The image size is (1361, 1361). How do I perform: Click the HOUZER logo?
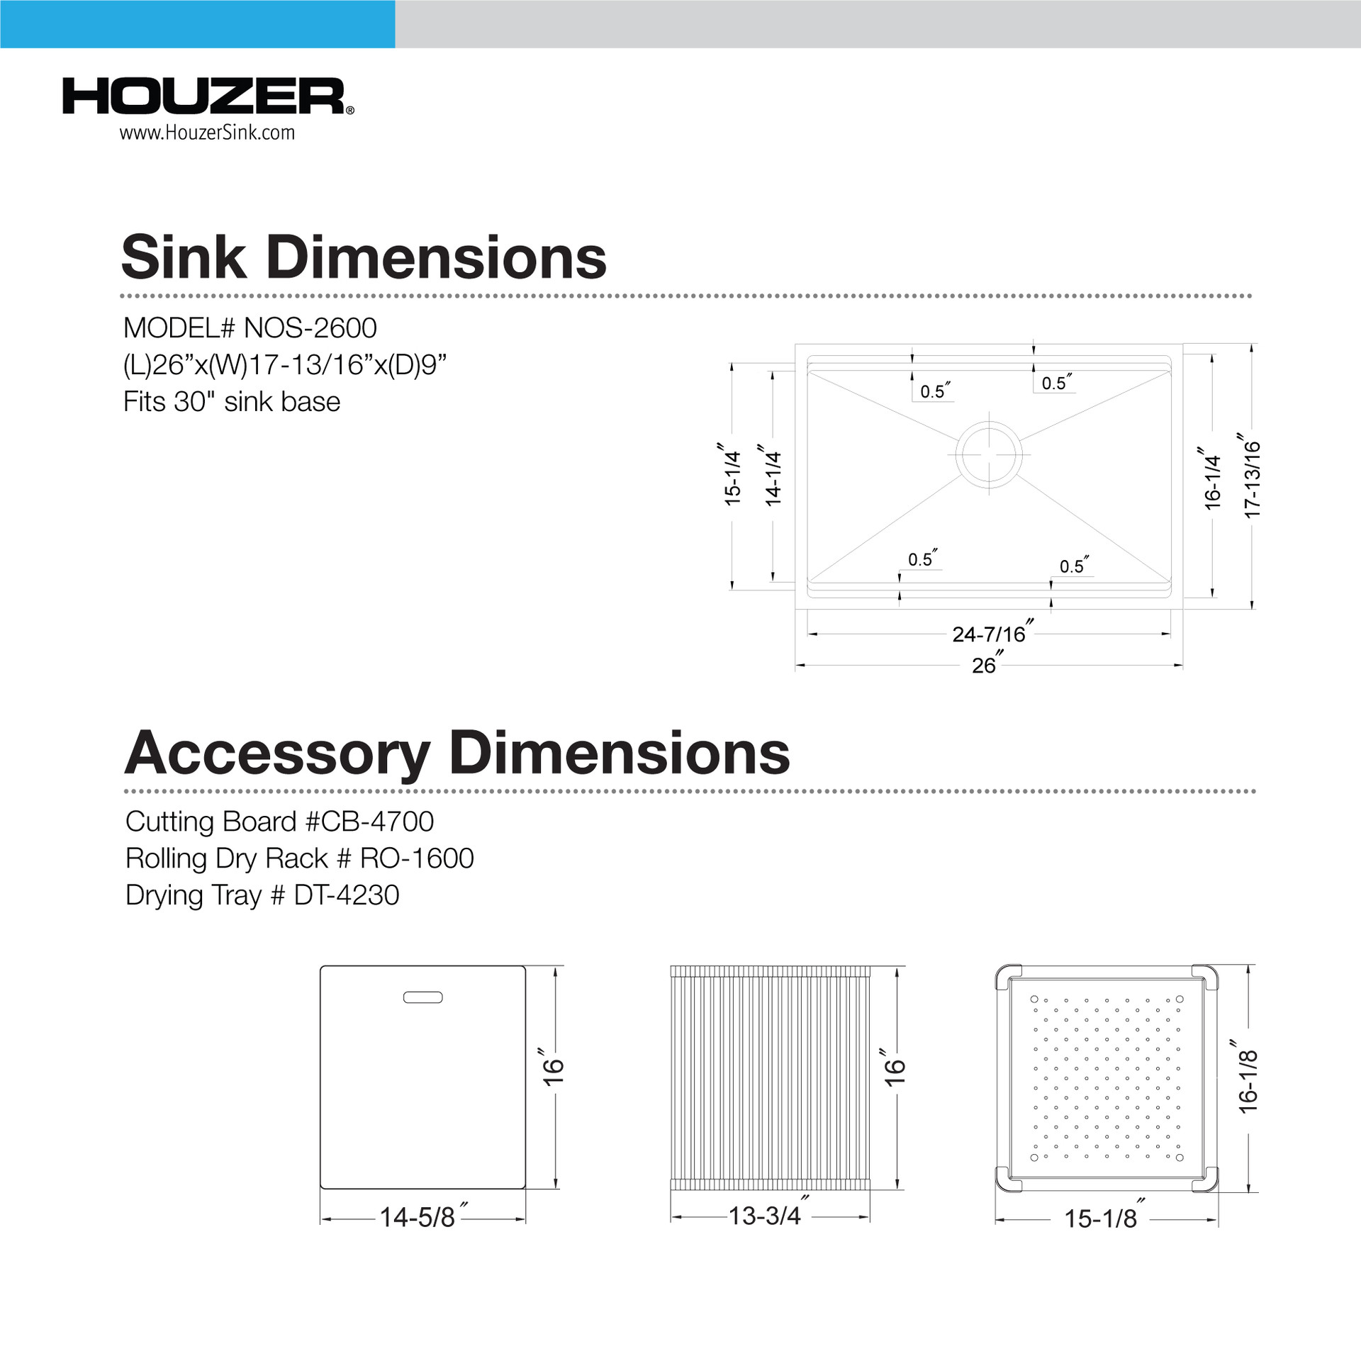coord(206,96)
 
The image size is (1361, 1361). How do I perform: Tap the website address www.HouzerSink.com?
coord(206,133)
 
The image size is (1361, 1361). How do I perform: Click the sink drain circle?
coord(989,454)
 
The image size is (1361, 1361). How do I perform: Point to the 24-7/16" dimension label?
coord(990,633)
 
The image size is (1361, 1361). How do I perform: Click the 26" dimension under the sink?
coord(985,665)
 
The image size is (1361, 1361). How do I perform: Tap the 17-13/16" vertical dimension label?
coord(1252,478)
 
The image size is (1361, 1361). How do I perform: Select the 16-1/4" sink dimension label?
coord(1212,480)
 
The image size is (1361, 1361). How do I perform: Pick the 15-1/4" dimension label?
coord(732,476)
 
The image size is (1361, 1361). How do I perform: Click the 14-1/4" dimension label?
coord(773,476)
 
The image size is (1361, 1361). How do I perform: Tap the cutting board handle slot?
coord(422,997)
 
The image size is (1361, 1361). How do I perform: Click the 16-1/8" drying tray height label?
coord(1248,1080)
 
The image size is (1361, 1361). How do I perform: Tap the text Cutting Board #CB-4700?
coord(279,822)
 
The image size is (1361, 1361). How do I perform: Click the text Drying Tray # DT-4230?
coord(262,895)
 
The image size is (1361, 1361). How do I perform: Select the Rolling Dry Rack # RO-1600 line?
coord(299,858)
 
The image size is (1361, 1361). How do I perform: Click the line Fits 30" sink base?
coord(232,402)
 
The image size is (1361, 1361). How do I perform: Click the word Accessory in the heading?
coord(277,753)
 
